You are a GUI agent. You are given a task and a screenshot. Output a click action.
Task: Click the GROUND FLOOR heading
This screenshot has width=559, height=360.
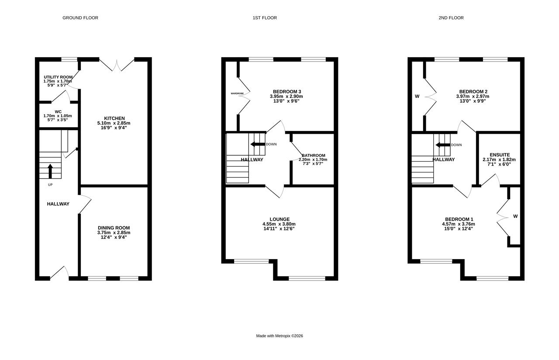(80, 18)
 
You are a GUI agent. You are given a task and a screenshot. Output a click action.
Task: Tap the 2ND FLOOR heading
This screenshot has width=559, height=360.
(451, 18)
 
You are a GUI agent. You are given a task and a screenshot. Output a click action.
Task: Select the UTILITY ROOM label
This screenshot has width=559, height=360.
(58, 77)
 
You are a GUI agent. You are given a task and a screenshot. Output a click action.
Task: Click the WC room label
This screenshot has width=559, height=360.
(58, 111)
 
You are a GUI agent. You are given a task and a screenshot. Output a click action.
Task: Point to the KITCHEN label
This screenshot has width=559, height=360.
(114, 118)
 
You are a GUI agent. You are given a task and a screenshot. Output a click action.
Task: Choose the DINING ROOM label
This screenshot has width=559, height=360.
(114, 228)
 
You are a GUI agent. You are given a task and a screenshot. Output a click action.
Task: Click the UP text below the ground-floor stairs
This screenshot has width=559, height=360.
(50, 185)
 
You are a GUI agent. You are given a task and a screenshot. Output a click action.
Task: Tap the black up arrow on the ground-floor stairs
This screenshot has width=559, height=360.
(50, 171)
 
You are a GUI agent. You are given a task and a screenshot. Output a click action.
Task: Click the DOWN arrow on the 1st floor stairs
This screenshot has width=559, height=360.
(258, 144)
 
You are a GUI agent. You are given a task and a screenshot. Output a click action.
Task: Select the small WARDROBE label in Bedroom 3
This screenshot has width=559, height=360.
(237, 93)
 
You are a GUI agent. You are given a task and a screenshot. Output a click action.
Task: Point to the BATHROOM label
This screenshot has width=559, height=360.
(314, 155)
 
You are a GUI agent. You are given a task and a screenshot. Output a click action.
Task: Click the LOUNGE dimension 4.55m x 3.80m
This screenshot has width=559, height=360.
(279, 224)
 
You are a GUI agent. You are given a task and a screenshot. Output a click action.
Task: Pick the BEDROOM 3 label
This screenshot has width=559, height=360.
(287, 92)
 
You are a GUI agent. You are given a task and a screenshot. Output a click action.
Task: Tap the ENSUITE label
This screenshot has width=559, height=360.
(500, 155)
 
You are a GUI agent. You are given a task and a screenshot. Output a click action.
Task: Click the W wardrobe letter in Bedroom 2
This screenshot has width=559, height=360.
(417, 97)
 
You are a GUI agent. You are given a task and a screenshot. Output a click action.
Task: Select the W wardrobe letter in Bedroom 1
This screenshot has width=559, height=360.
(515, 216)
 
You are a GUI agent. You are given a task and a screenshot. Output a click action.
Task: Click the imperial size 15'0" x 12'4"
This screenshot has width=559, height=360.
(459, 228)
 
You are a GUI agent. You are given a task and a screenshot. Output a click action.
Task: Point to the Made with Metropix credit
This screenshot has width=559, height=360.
(279, 336)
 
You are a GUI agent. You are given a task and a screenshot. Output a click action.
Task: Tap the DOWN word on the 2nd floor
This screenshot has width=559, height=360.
(456, 145)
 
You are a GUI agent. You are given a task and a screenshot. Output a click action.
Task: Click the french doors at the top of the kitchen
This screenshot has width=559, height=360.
(117, 66)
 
